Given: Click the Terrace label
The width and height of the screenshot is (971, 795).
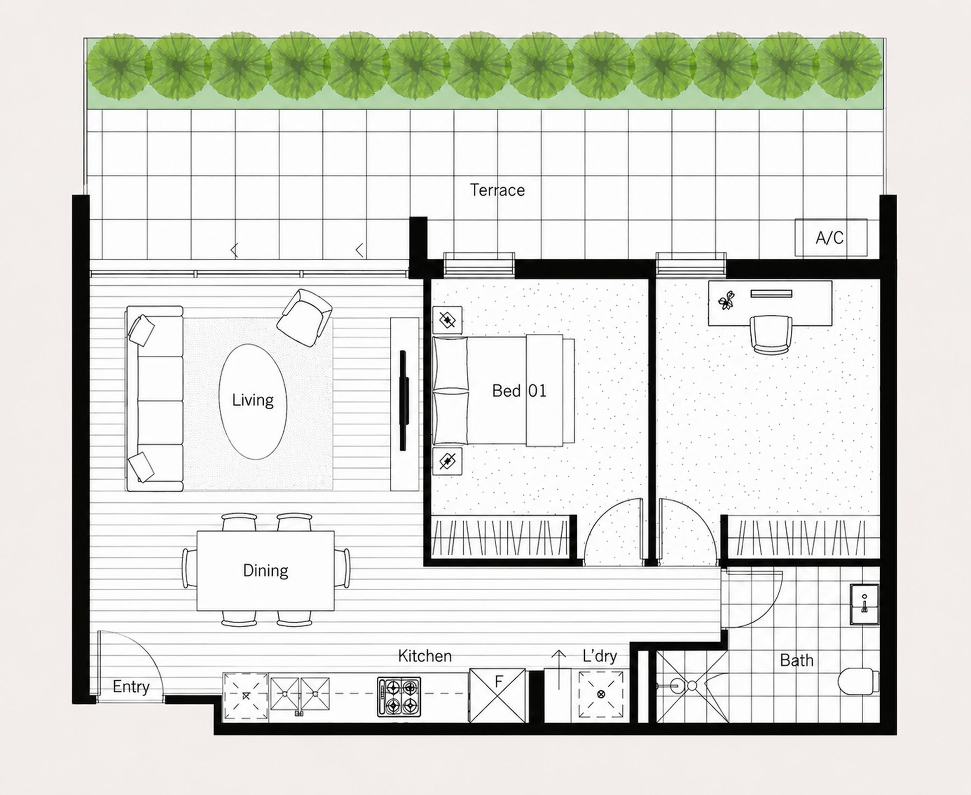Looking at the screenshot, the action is (x=497, y=190).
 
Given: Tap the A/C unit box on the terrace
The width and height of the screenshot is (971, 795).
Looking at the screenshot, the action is (x=831, y=237).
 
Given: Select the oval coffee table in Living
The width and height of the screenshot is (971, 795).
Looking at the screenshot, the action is (x=252, y=401).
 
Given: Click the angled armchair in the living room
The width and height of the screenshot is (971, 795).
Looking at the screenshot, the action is (x=304, y=317).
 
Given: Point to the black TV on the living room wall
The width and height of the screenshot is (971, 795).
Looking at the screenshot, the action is (x=403, y=400).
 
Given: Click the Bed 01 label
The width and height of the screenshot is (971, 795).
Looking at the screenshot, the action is (x=519, y=391).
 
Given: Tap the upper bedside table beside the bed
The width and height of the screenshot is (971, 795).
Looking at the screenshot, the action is (x=447, y=320).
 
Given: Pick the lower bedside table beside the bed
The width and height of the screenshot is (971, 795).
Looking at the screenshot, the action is (x=447, y=461).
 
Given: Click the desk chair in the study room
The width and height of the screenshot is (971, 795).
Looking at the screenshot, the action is (x=771, y=334).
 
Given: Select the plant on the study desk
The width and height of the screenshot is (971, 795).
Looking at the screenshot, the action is (x=726, y=300).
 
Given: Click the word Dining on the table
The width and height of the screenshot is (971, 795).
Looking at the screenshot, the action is (x=266, y=570).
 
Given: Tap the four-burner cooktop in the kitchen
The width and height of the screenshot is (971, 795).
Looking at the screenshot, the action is (x=399, y=697).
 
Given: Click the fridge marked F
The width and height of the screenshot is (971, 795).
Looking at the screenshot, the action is (x=497, y=696).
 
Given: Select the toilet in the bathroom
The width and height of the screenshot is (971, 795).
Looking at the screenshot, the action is (x=858, y=681).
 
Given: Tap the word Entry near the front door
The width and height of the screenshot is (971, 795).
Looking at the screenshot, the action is (x=131, y=687).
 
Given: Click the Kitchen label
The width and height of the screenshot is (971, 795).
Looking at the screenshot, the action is (x=425, y=656).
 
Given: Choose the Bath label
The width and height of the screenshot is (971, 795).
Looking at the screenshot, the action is (x=797, y=660).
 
